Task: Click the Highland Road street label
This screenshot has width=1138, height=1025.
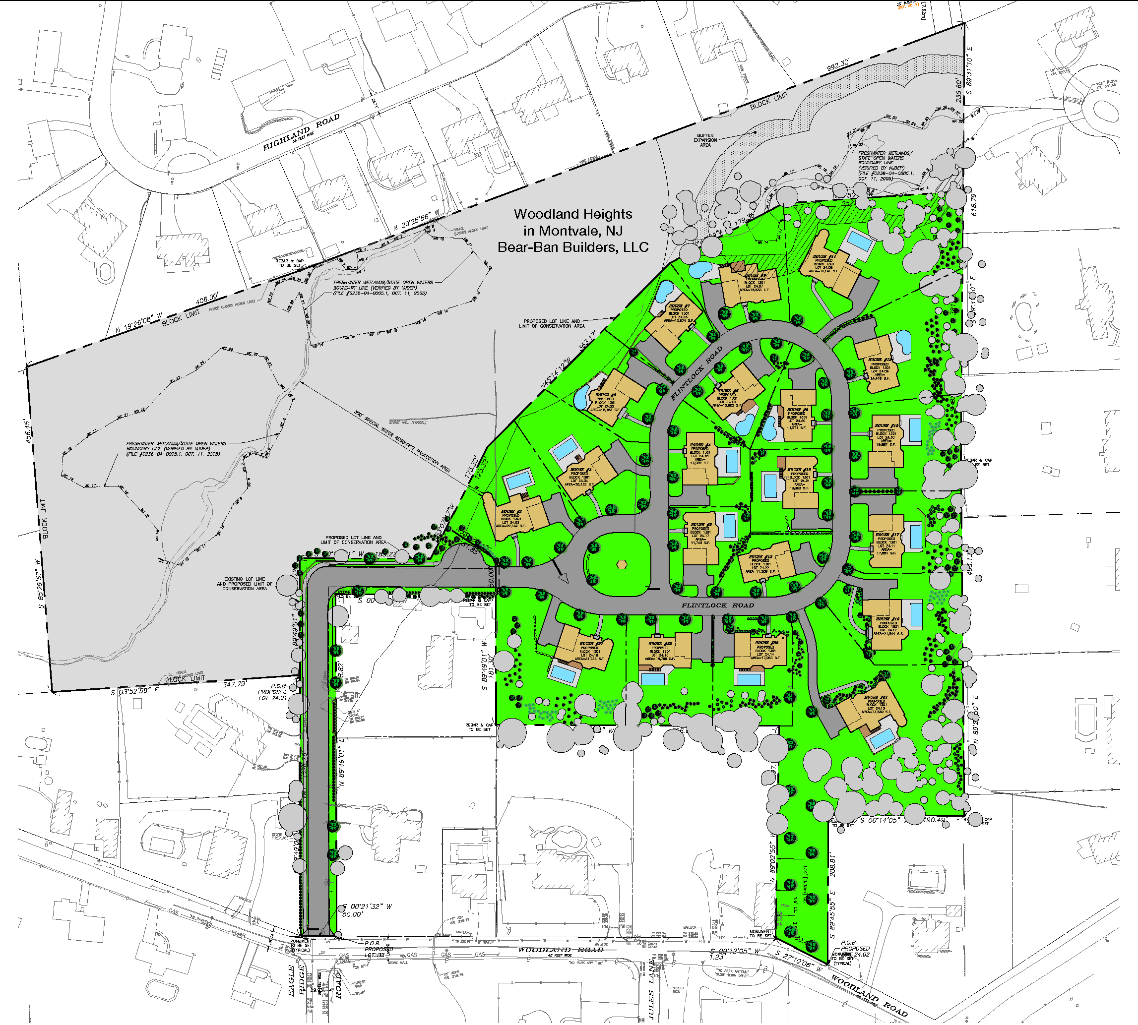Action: tap(302, 132)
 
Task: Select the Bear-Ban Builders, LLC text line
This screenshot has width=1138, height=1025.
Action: tap(573, 247)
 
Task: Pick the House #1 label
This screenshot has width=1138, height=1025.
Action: tap(511, 511)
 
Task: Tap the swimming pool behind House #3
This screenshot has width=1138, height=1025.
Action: tap(566, 449)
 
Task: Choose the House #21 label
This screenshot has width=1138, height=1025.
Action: tap(876, 697)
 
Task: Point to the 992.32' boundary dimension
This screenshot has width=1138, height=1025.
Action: tap(838, 65)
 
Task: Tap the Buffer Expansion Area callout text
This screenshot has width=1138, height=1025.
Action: tap(705, 140)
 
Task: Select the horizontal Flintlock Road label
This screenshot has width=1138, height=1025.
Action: tap(718, 605)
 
